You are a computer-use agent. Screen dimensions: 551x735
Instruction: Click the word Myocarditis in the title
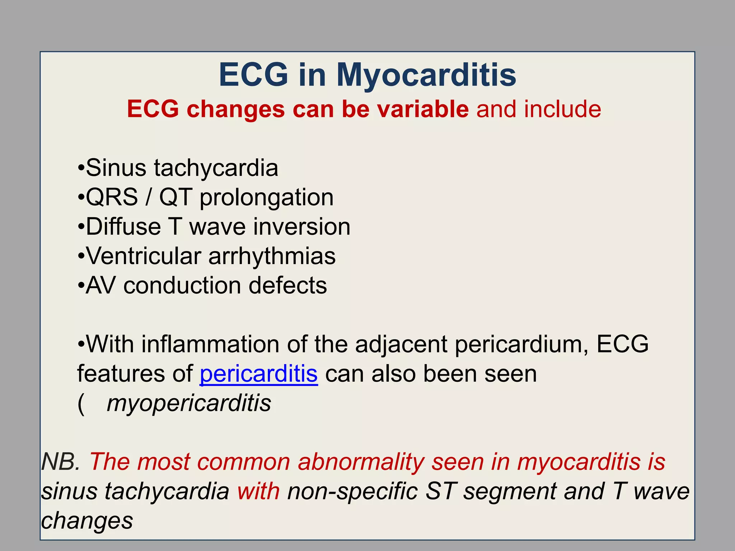(x=426, y=75)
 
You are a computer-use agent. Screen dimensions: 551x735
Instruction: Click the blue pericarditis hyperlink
(x=258, y=374)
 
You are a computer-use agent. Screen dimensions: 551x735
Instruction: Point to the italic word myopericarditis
(x=189, y=404)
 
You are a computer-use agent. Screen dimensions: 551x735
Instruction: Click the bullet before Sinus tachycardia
(x=81, y=168)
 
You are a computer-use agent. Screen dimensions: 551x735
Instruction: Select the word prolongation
(x=266, y=198)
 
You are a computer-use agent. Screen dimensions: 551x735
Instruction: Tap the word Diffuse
(x=123, y=227)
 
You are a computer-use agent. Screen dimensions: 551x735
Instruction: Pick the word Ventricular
(x=144, y=256)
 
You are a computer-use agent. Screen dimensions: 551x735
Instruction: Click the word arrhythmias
(x=272, y=256)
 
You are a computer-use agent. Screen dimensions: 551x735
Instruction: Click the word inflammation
(x=210, y=344)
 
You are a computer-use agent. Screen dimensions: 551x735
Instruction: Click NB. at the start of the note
(x=61, y=462)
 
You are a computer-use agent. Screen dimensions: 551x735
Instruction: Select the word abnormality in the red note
(x=361, y=462)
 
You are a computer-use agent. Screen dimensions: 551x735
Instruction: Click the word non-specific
(x=352, y=491)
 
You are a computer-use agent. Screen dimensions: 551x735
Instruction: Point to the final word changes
(x=87, y=521)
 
